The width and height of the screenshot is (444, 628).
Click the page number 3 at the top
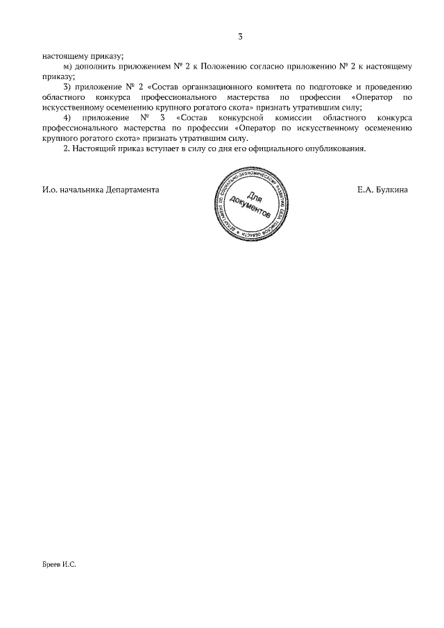239,37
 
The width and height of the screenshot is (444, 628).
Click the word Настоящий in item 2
95,149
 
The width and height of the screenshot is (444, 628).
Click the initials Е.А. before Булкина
366,189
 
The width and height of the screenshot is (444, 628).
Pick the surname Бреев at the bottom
51,566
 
